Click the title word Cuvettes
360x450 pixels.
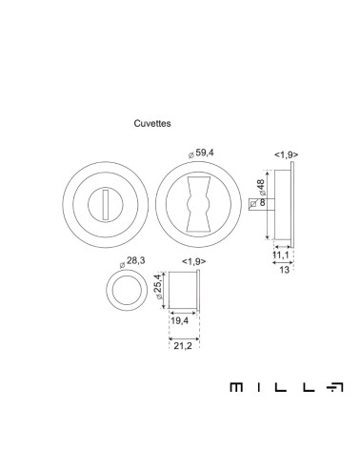pos(152,123)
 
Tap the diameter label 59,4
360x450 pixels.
pos(205,153)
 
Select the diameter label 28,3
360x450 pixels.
pos(136,260)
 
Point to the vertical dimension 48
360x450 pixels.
pos(261,184)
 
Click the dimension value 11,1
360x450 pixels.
pos(281,255)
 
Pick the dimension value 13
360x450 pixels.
pos(285,270)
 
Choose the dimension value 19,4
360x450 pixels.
pos(180,321)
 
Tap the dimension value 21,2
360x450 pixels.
pos(183,346)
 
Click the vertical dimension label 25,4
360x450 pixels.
pos(158,283)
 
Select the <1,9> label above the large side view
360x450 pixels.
pos(287,154)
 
